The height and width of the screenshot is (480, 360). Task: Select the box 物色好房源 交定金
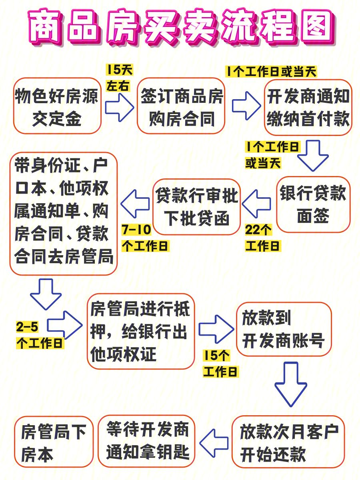pyautogui.click(x=57, y=106)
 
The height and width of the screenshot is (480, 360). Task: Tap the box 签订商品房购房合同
pyautogui.click(x=181, y=106)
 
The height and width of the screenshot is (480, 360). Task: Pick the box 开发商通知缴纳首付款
pyautogui.click(x=308, y=107)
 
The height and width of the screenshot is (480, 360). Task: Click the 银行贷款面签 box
pyautogui.click(x=313, y=204)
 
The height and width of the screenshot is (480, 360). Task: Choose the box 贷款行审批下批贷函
pyautogui.click(x=196, y=207)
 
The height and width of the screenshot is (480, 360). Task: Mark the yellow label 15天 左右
pyautogui.click(x=119, y=78)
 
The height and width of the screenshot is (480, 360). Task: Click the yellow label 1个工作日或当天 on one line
pyautogui.click(x=271, y=72)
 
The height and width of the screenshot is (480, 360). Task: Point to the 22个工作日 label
pyautogui.click(x=263, y=238)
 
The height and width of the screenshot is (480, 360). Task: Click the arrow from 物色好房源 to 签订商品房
pyautogui.click(x=119, y=107)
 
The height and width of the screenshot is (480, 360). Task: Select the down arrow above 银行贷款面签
pyautogui.click(x=313, y=156)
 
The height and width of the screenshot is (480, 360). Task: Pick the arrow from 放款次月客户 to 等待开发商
pyautogui.click(x=214, y=443)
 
